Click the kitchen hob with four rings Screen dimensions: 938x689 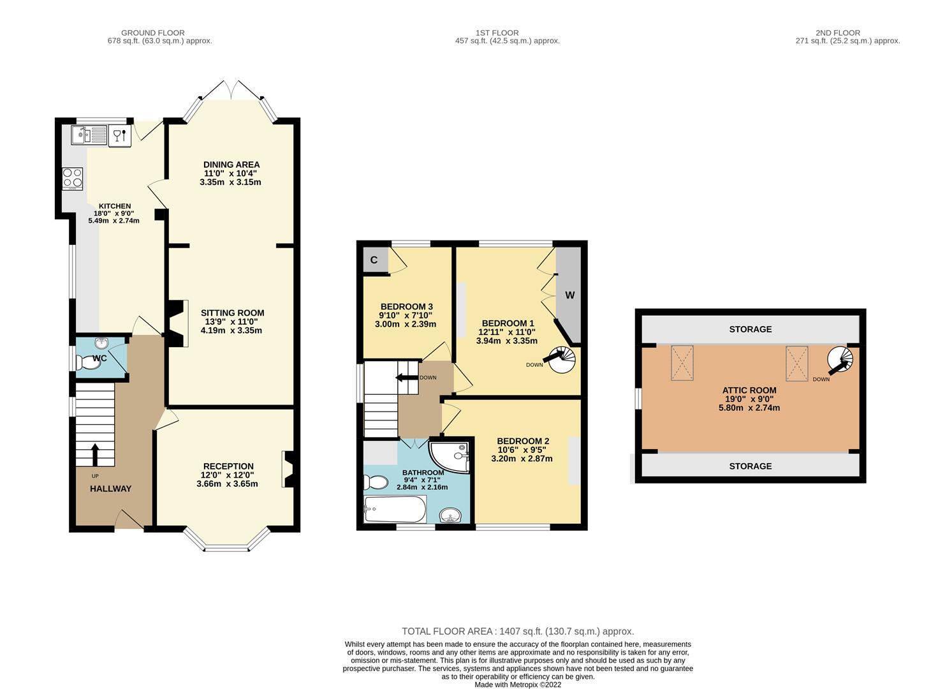click(73, 179)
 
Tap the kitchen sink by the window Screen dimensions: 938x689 click(89, 135)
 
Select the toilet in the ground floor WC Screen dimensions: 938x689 click(89, 362)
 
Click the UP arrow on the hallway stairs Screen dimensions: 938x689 click(94, 455)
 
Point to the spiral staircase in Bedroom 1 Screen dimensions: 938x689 click(562, 359)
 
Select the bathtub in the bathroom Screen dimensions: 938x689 click(395, 509)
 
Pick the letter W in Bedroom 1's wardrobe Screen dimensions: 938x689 click(570, 295)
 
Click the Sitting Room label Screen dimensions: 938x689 click(232, 313)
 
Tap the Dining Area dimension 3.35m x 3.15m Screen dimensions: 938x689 click(230, 182)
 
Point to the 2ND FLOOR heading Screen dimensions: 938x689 click(837, 33)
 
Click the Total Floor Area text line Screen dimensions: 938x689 click(518, 631)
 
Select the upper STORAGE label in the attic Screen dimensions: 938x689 click(751, 329)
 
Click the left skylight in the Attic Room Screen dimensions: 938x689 click(682, 363)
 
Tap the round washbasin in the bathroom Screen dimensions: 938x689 click(450, 515)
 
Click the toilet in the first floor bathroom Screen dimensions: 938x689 click(376, 482)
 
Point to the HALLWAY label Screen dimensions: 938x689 click(110, 489)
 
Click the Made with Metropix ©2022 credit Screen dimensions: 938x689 click(518, 685)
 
